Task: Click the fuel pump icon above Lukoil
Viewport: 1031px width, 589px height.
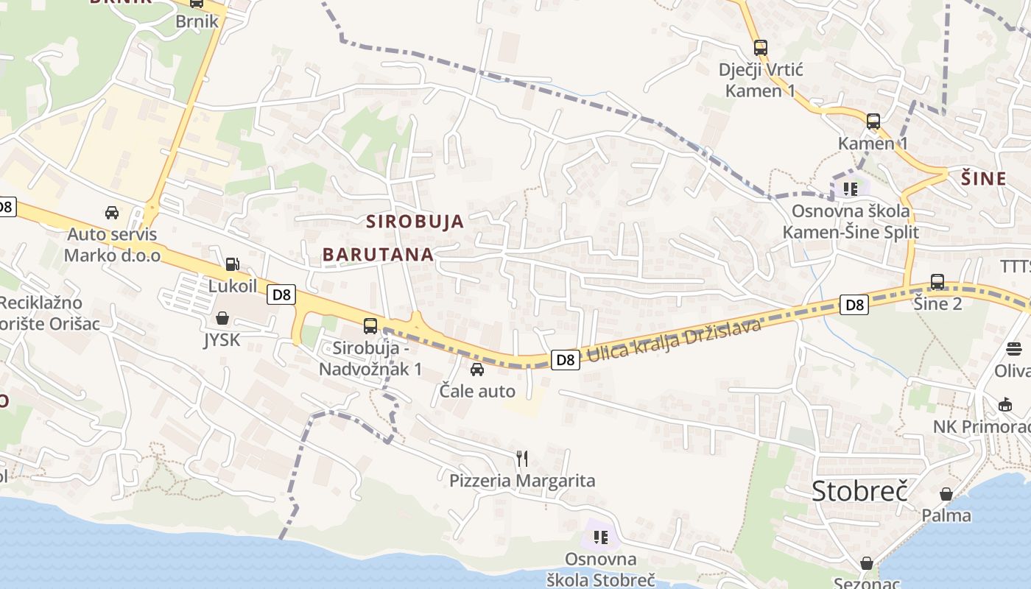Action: coord(232,264)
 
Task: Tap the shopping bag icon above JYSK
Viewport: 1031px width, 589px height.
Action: coord(222,318)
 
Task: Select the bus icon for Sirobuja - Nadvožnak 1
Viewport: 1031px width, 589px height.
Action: coord(370,325)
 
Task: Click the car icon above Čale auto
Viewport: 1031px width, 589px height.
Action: coord(477,369)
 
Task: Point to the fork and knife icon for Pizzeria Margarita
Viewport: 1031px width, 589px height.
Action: coord(522,459)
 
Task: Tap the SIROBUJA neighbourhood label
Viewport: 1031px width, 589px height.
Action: coord(415,221)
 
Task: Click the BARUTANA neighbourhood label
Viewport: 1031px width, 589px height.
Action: coord(378,254)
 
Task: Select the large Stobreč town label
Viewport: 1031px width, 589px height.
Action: coord(859,490)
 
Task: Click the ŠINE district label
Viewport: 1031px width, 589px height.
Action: coord(984,178)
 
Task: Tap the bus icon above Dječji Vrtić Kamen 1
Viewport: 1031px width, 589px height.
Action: coord(761,48)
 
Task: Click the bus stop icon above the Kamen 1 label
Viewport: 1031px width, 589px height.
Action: coord(873,121)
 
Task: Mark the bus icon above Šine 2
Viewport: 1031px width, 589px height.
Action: coord(937,281)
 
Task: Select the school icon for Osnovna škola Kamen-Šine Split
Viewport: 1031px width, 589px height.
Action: coord(851,188)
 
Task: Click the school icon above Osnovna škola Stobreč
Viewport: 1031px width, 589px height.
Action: coord(600,537)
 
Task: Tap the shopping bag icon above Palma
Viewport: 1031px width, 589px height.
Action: coord(946,493)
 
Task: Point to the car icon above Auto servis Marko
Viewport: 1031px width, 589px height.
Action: coord(112,213)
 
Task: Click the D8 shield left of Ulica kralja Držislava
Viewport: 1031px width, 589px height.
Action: coord(565,359)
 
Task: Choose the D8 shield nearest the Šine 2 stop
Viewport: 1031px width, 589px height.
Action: coord(854,304)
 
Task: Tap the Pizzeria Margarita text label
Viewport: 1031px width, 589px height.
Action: coord(522,481)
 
